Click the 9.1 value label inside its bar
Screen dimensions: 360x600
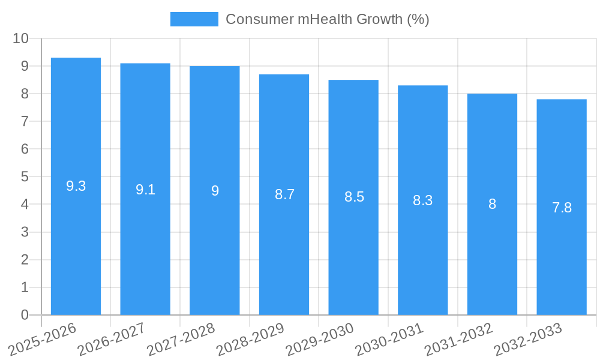(145, 190)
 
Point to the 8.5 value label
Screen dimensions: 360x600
(354, 197)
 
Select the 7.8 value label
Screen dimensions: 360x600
(562, 208)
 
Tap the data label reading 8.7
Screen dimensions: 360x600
(284, 194)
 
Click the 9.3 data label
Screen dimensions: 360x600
(76, 186)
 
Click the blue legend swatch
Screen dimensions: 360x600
(194, 19)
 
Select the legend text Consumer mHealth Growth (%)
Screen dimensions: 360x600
(327, 19)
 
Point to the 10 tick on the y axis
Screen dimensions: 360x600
(20, 38)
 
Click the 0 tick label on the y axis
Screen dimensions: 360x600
(25, 315)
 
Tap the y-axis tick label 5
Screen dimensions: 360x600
(25, 177)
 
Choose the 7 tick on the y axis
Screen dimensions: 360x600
(25, 121)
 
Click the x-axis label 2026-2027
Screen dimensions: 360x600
(111, 339)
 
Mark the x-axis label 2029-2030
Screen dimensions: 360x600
(319, 339)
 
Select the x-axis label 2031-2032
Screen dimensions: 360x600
(458, 339)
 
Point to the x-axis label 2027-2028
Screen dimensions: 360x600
(181, 339)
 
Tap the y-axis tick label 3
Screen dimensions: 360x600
(25, 232)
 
